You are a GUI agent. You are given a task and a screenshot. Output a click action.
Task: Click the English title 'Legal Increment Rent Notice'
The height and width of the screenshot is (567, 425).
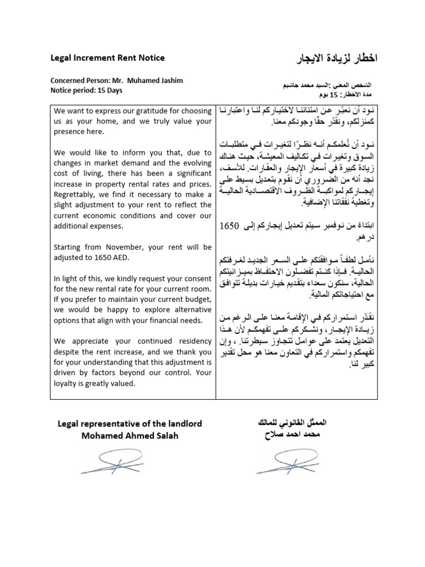click(x=107, y=58)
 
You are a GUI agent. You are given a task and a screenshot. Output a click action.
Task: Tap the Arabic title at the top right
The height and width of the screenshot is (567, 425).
click(x=338, y=58)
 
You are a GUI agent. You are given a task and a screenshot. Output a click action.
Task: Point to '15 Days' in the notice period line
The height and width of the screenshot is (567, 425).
click(x=108, y=90)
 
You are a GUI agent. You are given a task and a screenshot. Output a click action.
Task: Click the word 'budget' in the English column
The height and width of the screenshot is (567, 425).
click(x=191, y=300)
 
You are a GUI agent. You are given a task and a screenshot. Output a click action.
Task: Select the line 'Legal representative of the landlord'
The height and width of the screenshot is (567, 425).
click(x=130, y=424)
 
